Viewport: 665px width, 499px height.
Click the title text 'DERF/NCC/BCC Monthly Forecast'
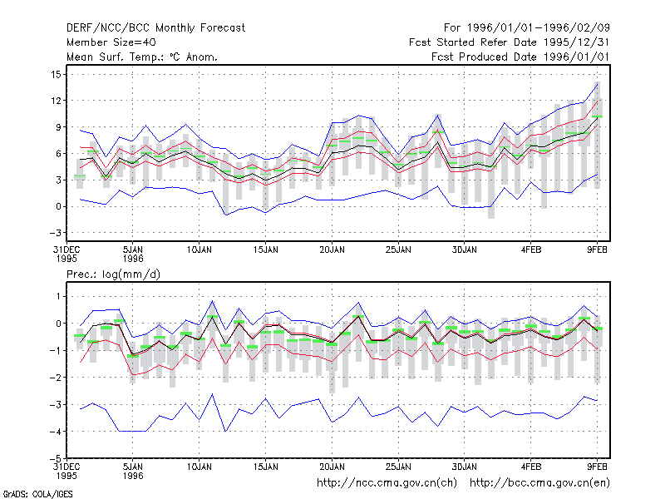tap(155, 28)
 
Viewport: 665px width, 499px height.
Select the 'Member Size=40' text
tap(111, 42)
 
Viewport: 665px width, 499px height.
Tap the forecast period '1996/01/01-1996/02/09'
tap(538, 28)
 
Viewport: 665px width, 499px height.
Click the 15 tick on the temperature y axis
tap(56, 75)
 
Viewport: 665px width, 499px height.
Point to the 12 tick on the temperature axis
tap(56, 101)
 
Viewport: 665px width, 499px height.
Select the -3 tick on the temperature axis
tap(55, 233)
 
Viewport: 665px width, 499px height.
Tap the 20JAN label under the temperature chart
tap(332, 250)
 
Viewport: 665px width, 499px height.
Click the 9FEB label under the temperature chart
tap(597, 250)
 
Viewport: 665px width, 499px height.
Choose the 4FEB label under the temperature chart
tap(531, 250)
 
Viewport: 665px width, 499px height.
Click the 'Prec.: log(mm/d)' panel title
tap(113, 274)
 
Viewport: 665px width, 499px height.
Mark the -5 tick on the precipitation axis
tap(55, 458)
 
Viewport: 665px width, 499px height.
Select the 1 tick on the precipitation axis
tap(58, 296)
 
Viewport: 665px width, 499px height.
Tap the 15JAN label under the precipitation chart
tap(266, 467)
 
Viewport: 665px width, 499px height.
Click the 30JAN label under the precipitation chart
tap(465, 467)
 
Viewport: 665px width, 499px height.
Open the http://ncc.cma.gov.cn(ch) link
tap(387, 483)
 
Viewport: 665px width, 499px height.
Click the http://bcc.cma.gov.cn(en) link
tap(539, 483)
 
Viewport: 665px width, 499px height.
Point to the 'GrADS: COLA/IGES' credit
tap(37, 494)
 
